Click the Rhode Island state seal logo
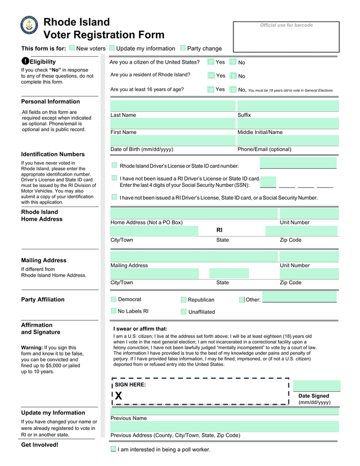coord(29,26)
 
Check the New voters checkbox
coord(72,48)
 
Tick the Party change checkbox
coord(183,48)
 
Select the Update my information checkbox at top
coord(112,48)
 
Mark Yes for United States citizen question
coord(211,62)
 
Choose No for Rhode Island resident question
coord(233,76)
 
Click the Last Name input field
coord(173,106)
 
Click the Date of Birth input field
coord(173,140)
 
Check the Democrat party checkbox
coord(114,299)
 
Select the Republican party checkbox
coord(183,300)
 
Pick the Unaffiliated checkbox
coord(183,312)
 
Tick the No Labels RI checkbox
coord(114,311)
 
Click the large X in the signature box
coord(119,396)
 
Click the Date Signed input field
coord(317,386)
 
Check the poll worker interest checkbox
coord(114,449)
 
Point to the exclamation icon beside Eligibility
coord(25,61)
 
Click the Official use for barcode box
coord(286,37)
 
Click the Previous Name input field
coord(224,411)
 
